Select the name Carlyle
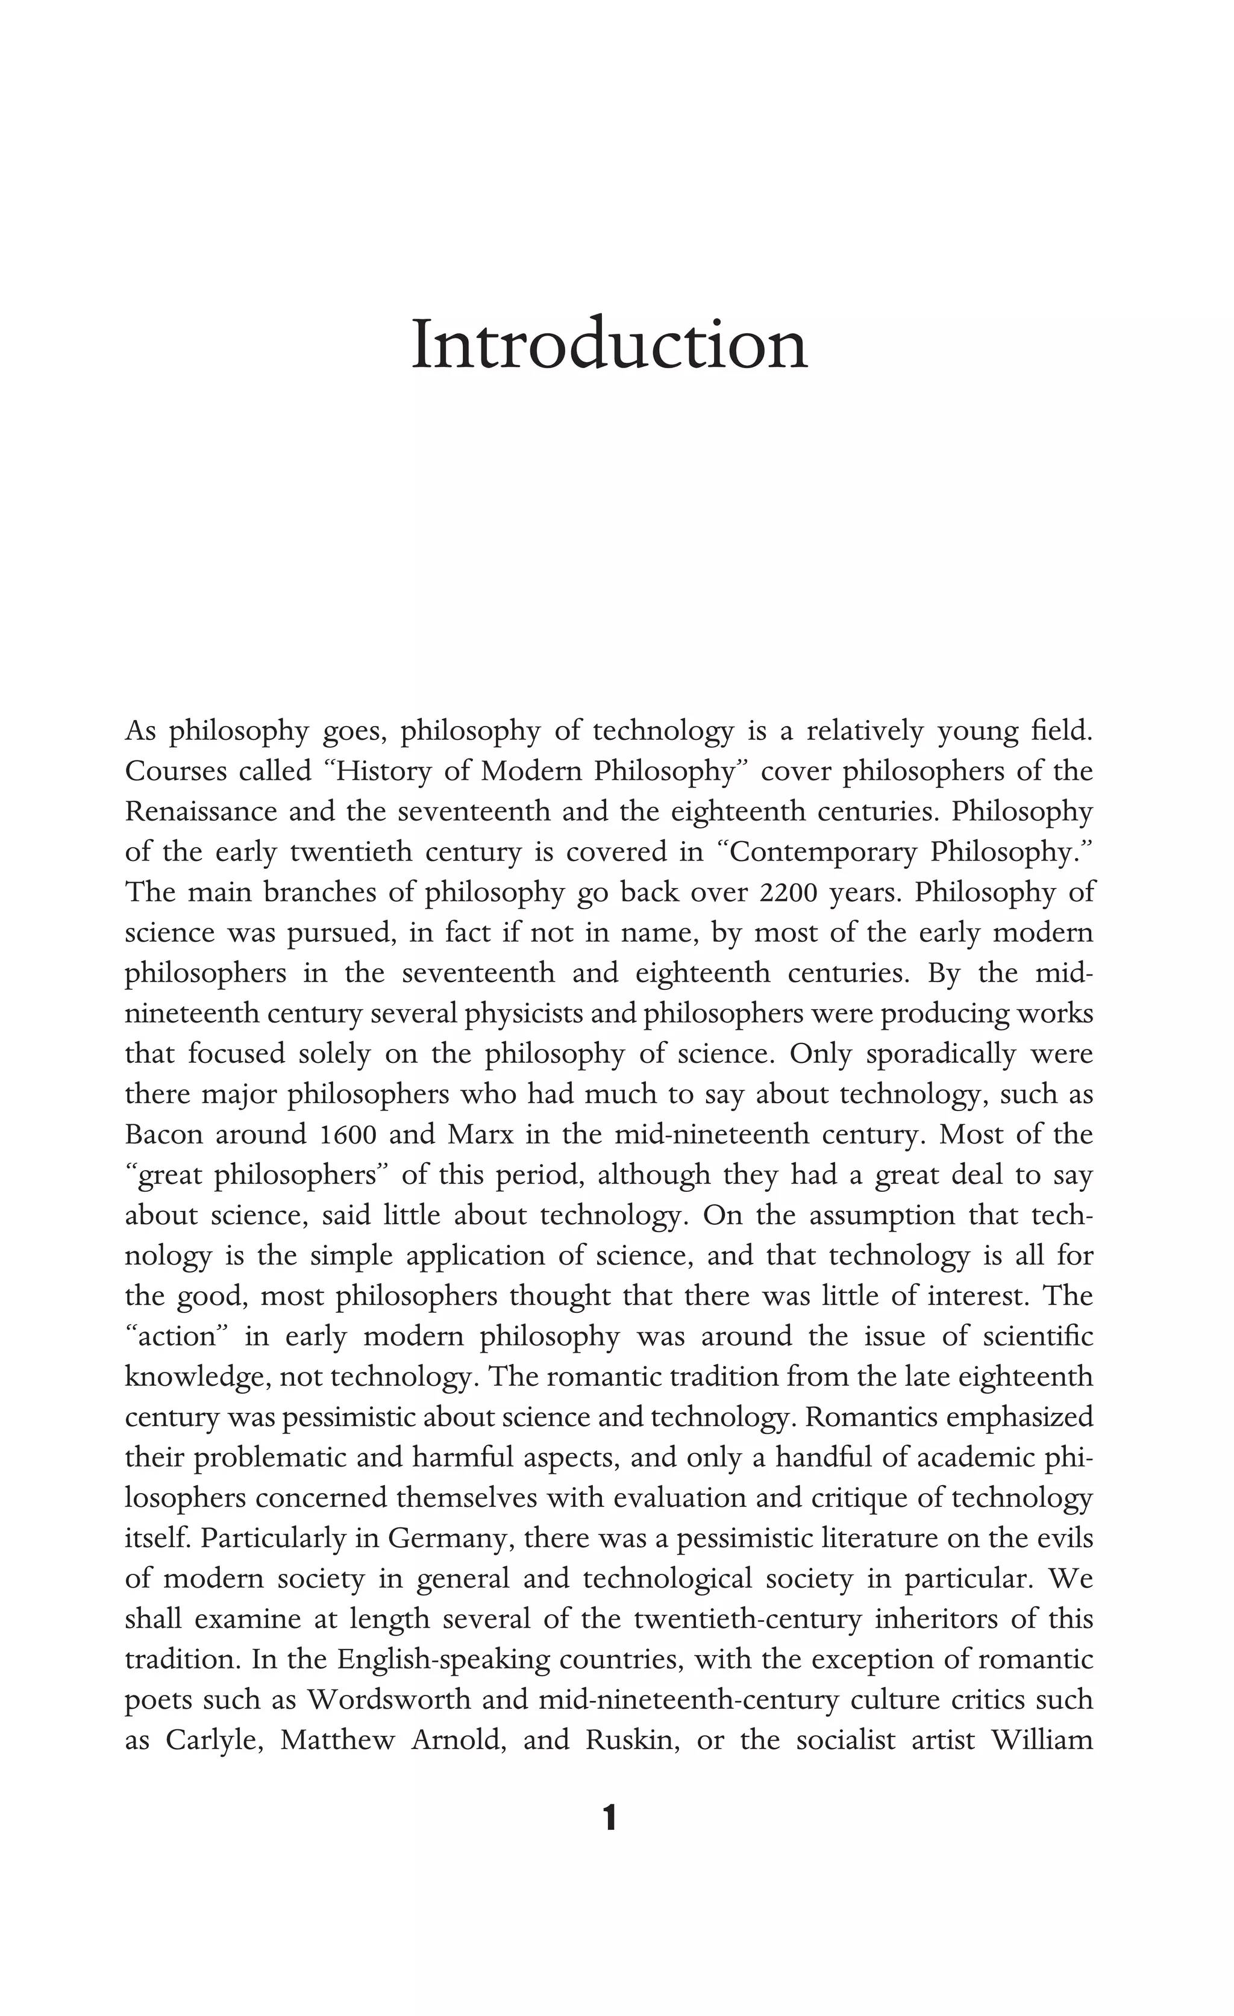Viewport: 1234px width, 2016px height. coord(213,1739)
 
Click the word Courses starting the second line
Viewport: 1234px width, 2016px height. coord(174,772)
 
